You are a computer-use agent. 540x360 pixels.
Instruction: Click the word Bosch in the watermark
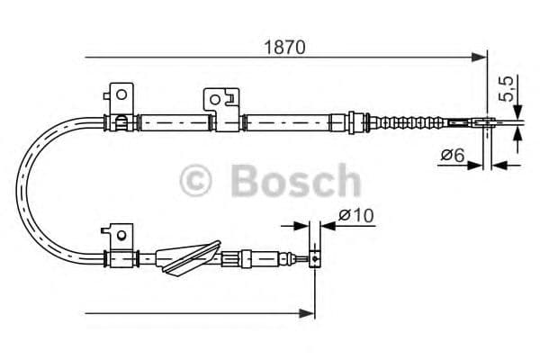tap(294, 180)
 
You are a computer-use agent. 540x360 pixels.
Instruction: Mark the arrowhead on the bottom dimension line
tap(309, 313)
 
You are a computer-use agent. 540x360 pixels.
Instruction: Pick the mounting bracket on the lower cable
tap(117, 236)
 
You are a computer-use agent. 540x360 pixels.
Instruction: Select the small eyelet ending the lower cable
tap(314, 259)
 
